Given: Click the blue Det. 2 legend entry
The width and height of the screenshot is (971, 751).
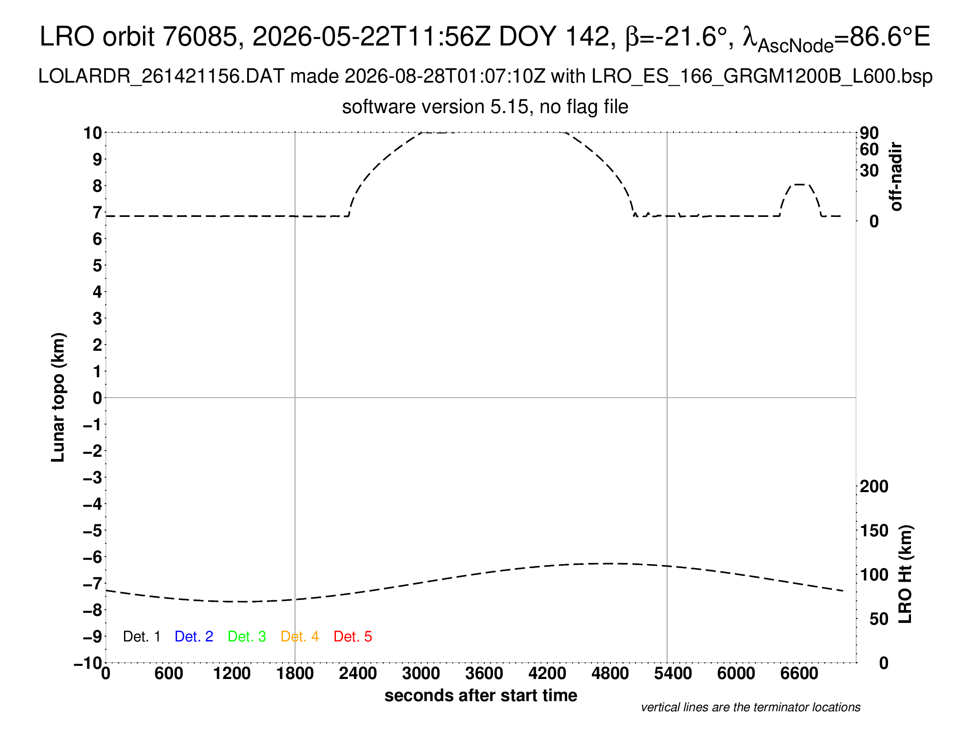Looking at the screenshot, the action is (194, 637).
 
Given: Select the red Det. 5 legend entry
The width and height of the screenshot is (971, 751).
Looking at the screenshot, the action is (353, 637).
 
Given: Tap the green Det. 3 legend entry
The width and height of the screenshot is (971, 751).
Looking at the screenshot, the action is (247, 637).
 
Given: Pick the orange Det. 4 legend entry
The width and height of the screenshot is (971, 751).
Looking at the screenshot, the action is (300, 637).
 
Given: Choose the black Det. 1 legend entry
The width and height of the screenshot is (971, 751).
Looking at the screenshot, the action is (141, 637).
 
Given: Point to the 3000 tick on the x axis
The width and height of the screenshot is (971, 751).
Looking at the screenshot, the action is (421, 674).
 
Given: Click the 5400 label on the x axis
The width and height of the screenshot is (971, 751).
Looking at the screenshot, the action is (673, 674).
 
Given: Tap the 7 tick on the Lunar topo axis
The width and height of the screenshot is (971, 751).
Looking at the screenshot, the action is (98, 212).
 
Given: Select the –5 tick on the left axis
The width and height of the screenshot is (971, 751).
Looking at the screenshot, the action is (93, 531).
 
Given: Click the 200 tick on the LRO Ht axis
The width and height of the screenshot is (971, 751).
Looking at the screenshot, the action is (874, 486).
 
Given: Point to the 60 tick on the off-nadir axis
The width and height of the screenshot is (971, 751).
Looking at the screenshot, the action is (869, 149).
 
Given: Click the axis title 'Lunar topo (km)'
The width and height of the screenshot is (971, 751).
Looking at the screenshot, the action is (58, 397).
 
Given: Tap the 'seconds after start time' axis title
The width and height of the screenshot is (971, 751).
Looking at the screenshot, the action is (481, 695).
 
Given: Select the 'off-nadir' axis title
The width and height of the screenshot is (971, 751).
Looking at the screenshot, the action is (896, 177).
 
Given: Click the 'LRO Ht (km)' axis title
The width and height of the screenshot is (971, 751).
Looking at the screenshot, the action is (905, 574).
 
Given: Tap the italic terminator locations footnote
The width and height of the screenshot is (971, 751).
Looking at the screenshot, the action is (750, 707).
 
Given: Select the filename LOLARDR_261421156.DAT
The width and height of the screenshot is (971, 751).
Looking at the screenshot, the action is (162, 76).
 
